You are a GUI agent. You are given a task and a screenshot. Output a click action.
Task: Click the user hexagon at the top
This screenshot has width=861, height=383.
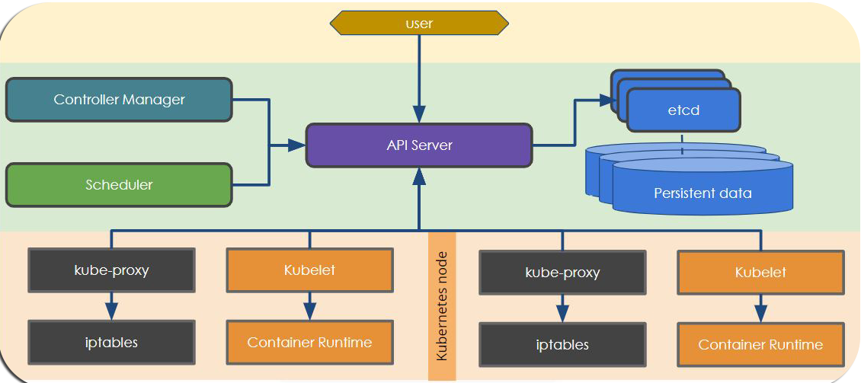click(x=419, y=24)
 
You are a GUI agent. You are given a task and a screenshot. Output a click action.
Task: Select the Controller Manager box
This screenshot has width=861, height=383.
click(x=119, y=100)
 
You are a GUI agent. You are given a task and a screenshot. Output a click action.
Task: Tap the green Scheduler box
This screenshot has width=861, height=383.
click(x=119, y=185)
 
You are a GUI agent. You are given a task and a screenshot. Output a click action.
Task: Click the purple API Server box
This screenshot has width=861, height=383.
click(x=419, y=145)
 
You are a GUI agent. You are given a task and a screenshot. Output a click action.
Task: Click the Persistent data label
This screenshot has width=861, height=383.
click(x=703, y=193)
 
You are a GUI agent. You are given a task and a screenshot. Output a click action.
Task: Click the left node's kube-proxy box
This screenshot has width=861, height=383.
click(x=111, y=270)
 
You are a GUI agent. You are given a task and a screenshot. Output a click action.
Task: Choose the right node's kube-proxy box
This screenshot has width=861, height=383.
click(x=562, y=273)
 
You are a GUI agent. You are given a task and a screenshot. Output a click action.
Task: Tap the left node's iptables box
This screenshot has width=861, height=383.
click(x=111, y=342)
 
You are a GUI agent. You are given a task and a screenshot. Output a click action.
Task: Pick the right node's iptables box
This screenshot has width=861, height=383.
click(x=562, y=344)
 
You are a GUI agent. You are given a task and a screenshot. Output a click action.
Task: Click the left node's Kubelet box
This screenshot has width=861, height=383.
click(x=309, y=270)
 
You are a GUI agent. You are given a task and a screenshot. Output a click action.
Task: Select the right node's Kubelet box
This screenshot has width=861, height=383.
click(x=760, y=273)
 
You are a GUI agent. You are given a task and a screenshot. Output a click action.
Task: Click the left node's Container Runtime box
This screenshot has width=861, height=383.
click(x=309, y=342)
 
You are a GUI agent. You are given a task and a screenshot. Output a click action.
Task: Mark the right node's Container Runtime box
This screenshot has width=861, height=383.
click(x=760, y=344)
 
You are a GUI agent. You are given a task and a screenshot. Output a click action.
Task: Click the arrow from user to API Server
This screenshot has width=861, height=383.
click(x=419, y=76)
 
